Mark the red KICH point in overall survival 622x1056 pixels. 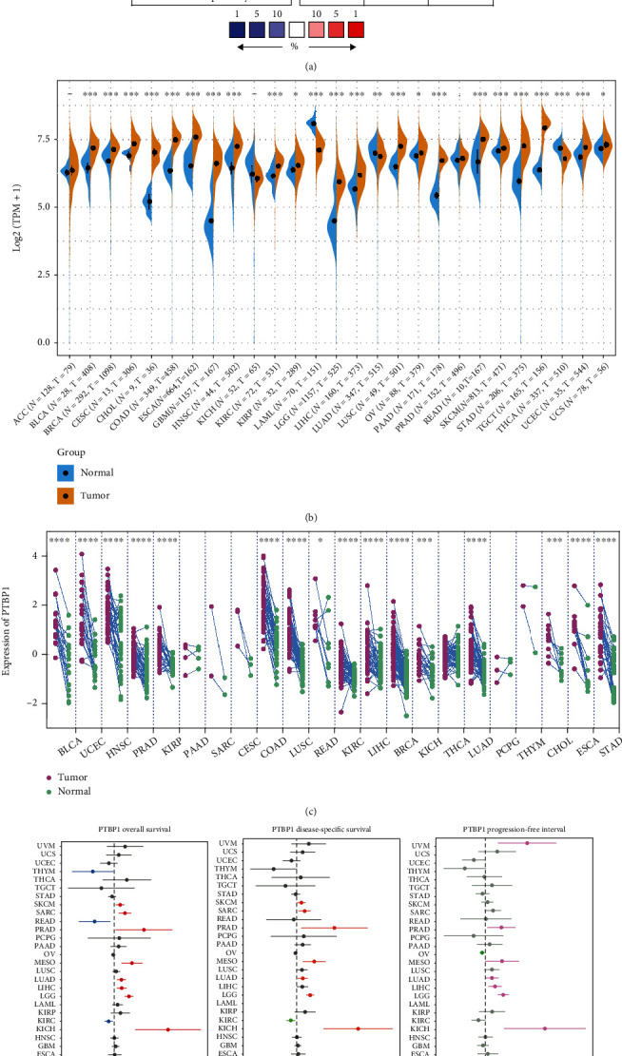pyautogui.click(x=168, y=1028)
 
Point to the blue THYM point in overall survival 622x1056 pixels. pyautogui.click(x=93, y=871)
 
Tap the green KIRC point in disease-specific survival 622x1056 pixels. pyautogui.click(x=291, y=1019)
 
